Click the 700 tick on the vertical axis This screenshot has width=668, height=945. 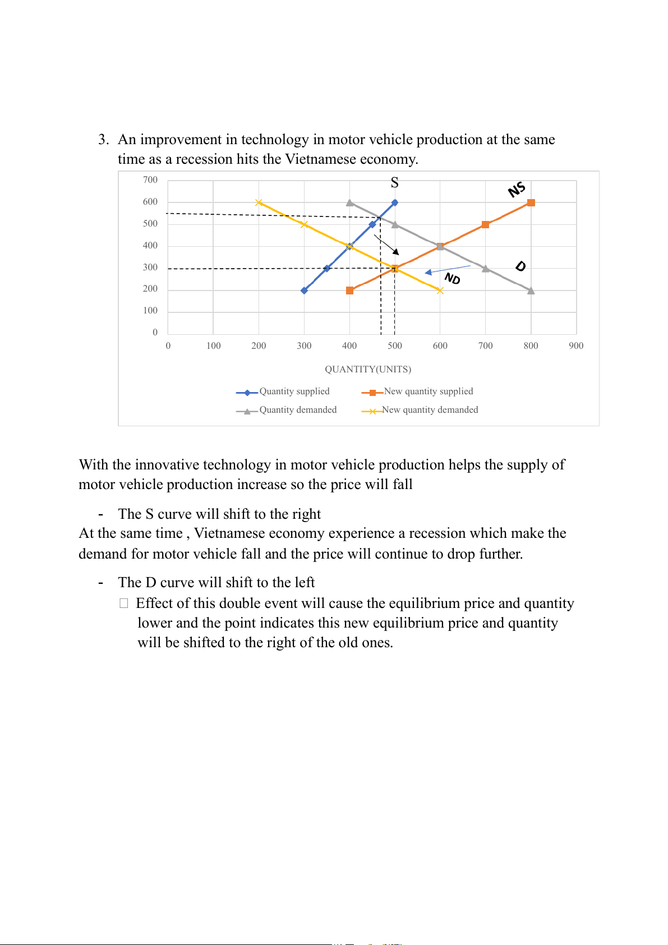(x=150, y=180)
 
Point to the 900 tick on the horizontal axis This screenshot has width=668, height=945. (x=576, y=346)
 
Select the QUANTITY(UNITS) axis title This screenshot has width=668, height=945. (x=368, y=369)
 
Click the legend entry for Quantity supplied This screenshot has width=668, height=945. (x=294, y=391)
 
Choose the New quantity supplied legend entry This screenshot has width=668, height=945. (x=428, y=391)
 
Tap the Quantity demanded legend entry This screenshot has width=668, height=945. (x=297, y=410)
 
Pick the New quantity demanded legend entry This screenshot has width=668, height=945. (x=430, y=410)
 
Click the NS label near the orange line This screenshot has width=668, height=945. (x=517, y=190)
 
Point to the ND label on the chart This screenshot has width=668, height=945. (x=452, y=278)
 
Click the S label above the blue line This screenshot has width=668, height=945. (x=395, y=183)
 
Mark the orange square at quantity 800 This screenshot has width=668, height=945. (x=531, y=202)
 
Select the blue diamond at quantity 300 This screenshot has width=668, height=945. (x=304, y=291)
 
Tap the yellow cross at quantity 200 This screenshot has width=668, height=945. (x=259, y=202)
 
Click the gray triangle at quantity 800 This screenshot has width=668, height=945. (x=531, y=291)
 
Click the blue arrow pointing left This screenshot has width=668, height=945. (x=447, y=269)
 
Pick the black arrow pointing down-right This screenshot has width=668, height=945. (x=386, y=245)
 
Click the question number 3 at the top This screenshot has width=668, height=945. (x=103, y=140)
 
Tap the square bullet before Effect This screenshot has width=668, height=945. (x=124, y=603)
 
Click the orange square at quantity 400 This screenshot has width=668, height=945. (x=350, y=291)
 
